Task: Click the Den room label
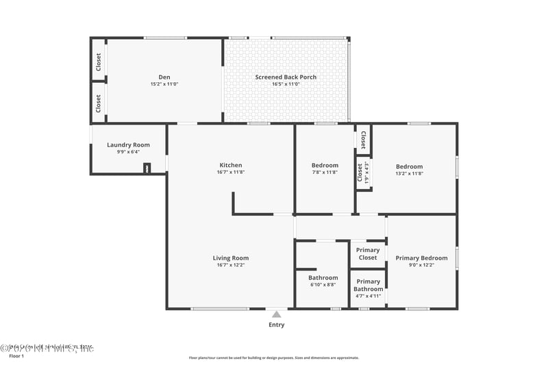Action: [164, 77]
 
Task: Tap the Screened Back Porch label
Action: [286, 77]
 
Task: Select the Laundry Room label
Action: [128, 145]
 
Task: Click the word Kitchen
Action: [230, 165]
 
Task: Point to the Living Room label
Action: [230, 258]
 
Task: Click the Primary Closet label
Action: [368, 254]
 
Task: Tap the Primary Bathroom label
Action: [368, 285]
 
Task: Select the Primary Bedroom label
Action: [421, 258]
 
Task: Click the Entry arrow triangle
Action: [276, 314]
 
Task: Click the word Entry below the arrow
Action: [276, 325]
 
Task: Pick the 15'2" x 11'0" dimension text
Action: [164, 84]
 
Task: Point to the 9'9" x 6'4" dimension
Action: [128, 152]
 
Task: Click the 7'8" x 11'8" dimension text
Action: [325, 173]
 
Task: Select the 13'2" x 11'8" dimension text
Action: [409, 173]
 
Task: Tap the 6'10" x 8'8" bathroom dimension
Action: [322, 285]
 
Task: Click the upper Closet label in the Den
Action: [99, 62]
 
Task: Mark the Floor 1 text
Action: [16, 356]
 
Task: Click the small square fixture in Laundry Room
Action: [147, 168]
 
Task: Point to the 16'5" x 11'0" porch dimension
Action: [286, 84]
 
